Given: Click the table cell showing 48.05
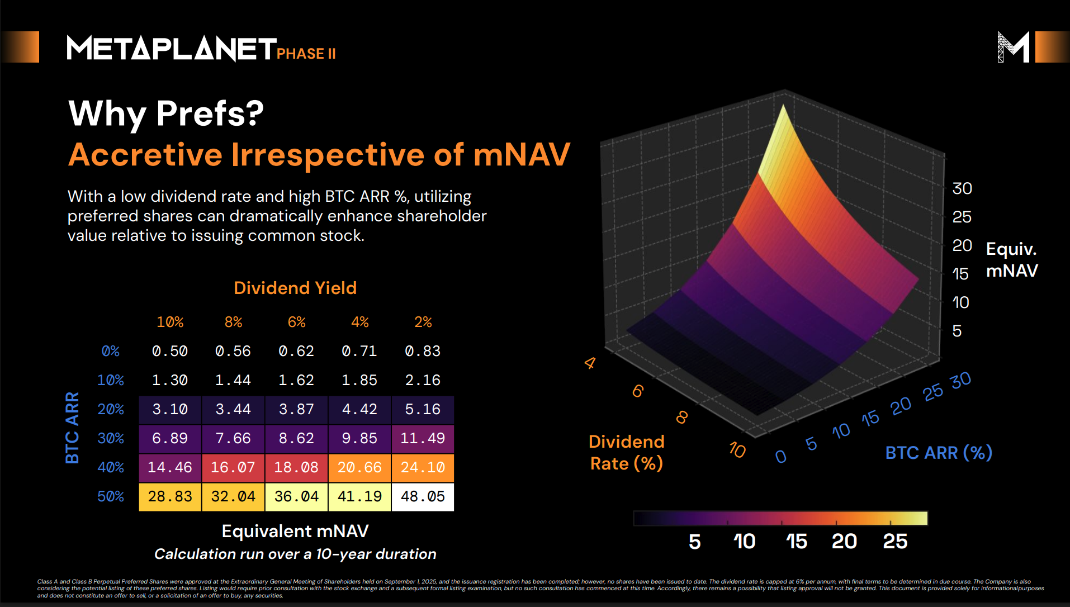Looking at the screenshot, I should pyautogui.click(x=423, y=496).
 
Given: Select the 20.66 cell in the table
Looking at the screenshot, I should pyautogui.click(x=359, y=467).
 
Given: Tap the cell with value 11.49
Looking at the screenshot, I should pyautogui.click(x=423, y=438).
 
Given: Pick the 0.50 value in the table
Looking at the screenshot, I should pyautogui.click(x=170, y=351).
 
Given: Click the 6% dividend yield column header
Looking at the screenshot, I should pyautogui.click(x=296, y=322).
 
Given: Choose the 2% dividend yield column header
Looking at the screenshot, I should pyautogui.click(x=423, y=322).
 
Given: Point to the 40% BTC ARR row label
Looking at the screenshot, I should pyautogui.click(x=111, y=467).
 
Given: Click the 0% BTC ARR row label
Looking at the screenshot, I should pyautogui.click(x=111, y=351).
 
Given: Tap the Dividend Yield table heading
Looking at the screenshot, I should pyautogui.click(x=295, y=288).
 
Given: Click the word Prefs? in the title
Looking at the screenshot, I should pyautogui.click(x=210, y=113).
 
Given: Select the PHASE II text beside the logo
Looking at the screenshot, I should pyautogui.click(x=306, y=54).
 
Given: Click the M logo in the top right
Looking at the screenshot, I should pyautogui.click(x=1013, y=47).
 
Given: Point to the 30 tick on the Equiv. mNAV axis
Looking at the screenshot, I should pyautogui.click(x=962, y=188).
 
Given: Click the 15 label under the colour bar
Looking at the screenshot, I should pyautogui.click(x=796, y=541).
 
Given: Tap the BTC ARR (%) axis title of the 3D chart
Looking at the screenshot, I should pyautogui.click(x=939, y=452).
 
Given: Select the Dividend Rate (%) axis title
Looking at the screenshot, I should pyautogui.click(x=627, y=452).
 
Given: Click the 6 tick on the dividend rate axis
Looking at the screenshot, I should pyautogui.click(x=638, y=391).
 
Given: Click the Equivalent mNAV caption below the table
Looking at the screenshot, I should pyautogui.click(x=295, y=531).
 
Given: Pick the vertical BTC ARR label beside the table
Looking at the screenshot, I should pyautogui.click(x=72, y=428).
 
